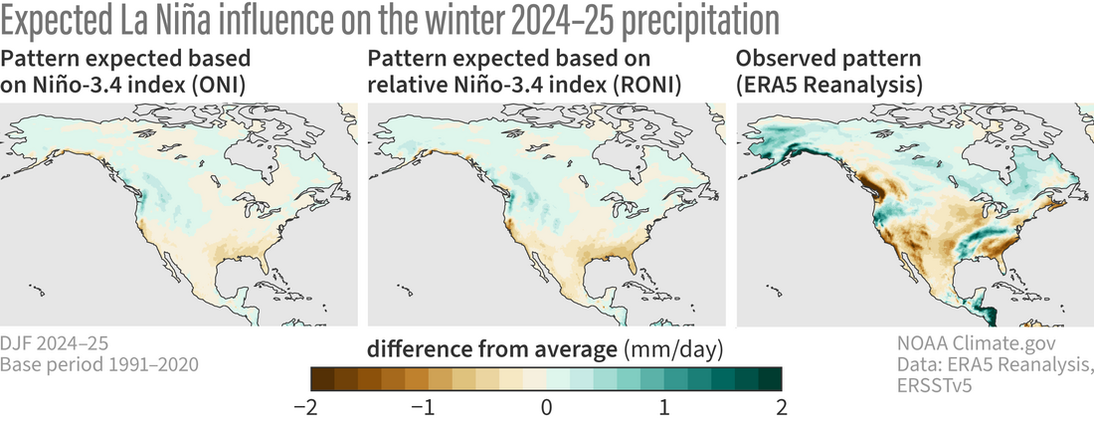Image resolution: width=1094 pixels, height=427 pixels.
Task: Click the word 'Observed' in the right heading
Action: (x=782, y=59)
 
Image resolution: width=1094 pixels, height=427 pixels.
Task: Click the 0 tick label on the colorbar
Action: (x=546, y=408)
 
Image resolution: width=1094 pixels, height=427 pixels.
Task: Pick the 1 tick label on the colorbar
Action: (x=663, y=408)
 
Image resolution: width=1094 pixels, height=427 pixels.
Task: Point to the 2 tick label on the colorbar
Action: (x=781, y=408)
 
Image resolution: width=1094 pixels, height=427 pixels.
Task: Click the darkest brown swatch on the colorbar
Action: (x=322, y=379)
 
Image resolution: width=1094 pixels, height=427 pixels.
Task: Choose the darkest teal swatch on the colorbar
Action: (x=770, y=379)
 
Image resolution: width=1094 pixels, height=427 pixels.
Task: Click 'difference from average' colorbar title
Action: (x=492, y=349)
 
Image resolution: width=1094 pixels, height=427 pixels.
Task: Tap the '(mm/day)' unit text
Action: (x=672, y=349)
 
